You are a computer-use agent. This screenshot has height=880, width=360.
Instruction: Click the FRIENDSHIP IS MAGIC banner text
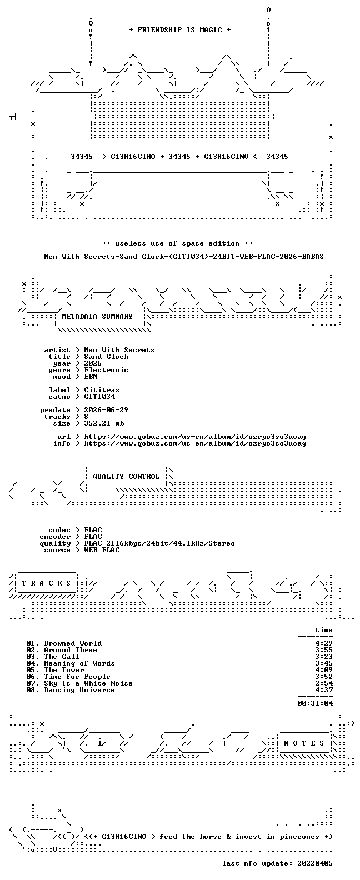(x=179, y=30)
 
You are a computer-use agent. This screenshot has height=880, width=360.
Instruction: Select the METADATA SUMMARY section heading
(x=97, y=317)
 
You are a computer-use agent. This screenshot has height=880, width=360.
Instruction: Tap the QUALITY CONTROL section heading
(x=126, y=477)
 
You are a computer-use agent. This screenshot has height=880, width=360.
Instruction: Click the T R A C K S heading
(x=46, y=583)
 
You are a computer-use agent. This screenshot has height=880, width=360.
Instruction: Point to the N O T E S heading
(x=304, y=743)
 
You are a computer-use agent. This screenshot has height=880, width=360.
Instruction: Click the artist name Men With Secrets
(x=119, y=350)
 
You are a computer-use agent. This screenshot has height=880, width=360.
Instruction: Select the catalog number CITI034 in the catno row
(x=99, y=397)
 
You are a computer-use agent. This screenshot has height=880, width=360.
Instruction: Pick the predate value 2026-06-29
(x=106, y=410)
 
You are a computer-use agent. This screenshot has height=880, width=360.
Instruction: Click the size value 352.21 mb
(x=104, y=423)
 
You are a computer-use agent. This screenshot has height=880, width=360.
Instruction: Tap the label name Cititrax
(x=102, y=390)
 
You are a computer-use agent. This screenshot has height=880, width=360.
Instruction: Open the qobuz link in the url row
(x=195, y=437)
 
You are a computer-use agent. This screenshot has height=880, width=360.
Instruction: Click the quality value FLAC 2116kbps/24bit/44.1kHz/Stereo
(x=159, y=544)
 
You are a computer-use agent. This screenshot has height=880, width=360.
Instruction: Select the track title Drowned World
(x=73, y=643)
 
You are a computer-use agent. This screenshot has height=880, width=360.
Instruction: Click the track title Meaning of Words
(x=79, y=663)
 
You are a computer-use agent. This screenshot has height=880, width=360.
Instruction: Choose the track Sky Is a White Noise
(x=88, y=683)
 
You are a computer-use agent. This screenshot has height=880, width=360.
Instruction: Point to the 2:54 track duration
(x=324, y=683)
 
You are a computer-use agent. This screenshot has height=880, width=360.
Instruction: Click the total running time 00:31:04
(x=315, y=703)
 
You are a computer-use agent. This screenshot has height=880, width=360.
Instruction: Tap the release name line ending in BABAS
(x=183, y=257)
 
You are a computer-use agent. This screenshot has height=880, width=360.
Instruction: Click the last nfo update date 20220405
(x=315, y=863)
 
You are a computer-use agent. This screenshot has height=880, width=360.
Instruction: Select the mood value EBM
(x=91, y=377)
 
